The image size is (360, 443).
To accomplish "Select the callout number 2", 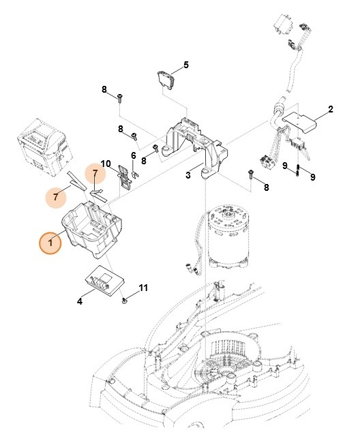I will tap(330, 109).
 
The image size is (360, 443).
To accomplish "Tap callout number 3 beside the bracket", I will tap(188, 175).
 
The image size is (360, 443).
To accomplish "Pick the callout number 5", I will tap(185, 66).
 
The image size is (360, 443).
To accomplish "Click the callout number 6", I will tap(134, 156).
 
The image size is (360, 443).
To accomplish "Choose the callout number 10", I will tap(106, 164).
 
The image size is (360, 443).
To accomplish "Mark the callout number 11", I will tap(143, 288).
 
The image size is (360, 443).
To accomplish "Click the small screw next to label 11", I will tap(125, 299).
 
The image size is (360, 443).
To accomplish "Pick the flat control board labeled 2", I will tap(300, 123).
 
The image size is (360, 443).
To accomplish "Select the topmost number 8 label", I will tap(105, 90).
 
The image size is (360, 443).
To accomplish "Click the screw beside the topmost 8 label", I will tap(120, 97).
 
